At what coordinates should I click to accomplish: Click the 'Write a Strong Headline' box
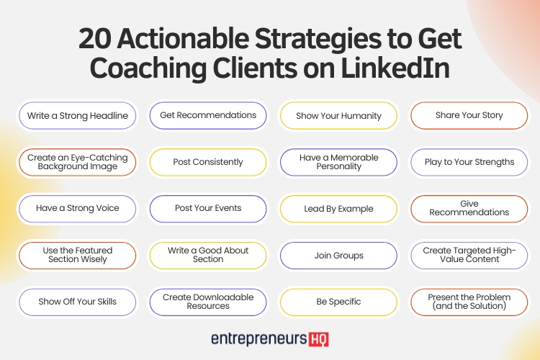[78, 115]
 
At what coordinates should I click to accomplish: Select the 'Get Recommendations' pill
[208, 115]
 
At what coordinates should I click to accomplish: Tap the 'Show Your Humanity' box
[338, 115]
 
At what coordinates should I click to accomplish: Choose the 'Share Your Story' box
[469, 115]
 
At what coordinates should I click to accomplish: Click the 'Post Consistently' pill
[208, 162]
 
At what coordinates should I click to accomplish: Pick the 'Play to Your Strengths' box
[469, 162]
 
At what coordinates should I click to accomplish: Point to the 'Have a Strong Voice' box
[78, 209]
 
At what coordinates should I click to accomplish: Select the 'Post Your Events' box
[208, 209]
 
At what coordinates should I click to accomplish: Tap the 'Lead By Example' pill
[338, 209]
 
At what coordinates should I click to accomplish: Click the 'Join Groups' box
[338, 256]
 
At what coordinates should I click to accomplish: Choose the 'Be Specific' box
[338, 302]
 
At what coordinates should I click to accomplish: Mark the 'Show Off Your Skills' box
[78, 302]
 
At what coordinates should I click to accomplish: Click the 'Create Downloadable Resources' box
[208, 302]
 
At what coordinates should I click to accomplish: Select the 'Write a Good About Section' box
[208, 256]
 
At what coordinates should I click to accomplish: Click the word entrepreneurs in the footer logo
[256, 338]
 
